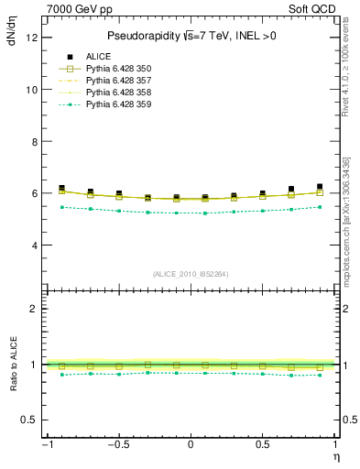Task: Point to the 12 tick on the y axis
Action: [34, 38]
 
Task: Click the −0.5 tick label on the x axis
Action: [116, 445]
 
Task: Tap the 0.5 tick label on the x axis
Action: [262, 445]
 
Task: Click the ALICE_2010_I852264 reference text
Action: [190, 274]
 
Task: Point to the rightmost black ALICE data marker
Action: [320, 187]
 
